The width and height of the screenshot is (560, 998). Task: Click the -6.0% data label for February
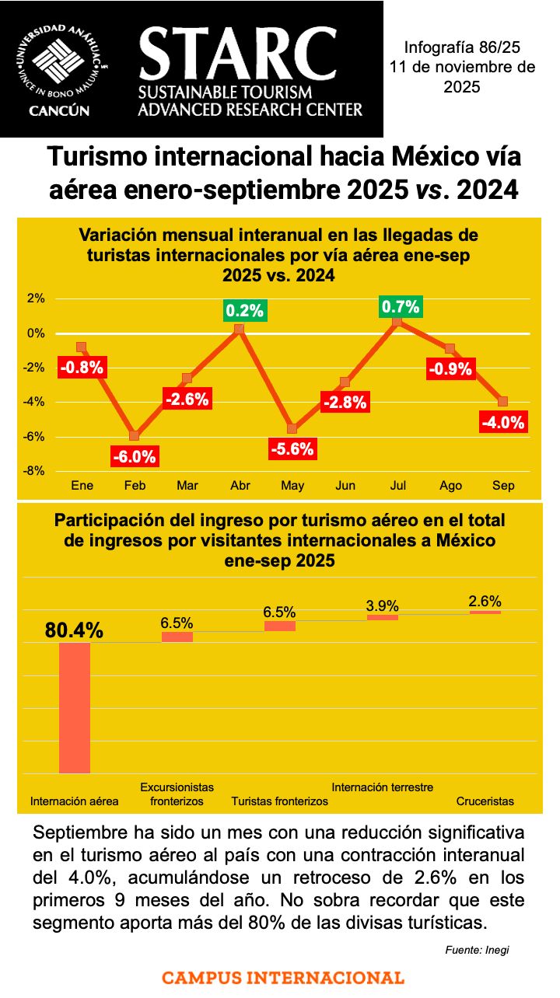pyautogui.click(x=135, y=457)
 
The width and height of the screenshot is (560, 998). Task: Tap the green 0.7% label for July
pyautogui.click(x=401, y=307)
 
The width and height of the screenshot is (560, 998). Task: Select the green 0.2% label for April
pyautogui.click(x=245, y=311)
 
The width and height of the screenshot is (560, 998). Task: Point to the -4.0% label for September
pyautogui.click(x=503, y=423)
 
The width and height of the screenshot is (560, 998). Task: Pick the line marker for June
pyautogui.click(x=345, y=382)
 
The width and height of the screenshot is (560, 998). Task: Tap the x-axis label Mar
pyautogui.click(x=187, y=486)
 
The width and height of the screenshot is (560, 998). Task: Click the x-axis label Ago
pyautogui.click(x=450, y=486)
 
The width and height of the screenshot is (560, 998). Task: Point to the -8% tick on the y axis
pyautogui.click(x=36, y=471)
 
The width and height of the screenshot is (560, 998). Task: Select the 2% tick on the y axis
pyautogui.click(x=36, y=298)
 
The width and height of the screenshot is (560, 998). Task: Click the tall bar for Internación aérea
pyautogui.click(x=75, y=707)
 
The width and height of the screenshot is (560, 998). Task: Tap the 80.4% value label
pyautogui.click(x=74, y=630)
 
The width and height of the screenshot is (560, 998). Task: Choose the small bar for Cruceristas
pyautogui.click(x=485, y=612)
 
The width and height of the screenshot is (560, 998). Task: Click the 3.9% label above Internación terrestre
pyautogui.click(x=383, y=605)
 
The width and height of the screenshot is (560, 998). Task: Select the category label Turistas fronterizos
pyautogui.click(x=280, y=801)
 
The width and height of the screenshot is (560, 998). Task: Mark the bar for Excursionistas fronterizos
pyautogui.click(x=177, y=637)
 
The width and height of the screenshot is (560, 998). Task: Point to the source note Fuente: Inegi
pyautogui.click(x=478, y=950)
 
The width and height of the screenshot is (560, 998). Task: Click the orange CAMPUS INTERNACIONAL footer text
pyautogui.click(x=283, y=978)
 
